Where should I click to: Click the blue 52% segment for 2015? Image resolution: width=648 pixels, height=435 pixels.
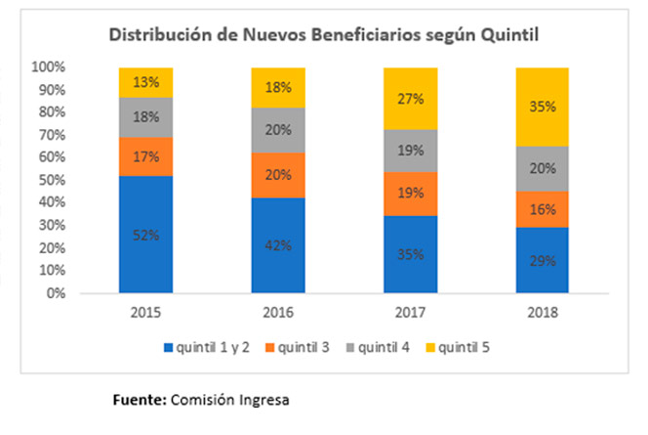point(145,234)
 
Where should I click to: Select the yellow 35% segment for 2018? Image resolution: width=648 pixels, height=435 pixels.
point(542,108)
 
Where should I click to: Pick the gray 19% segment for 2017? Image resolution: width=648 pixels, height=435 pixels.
point(410,151)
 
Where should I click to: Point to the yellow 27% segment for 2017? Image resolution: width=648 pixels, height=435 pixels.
point(410,98)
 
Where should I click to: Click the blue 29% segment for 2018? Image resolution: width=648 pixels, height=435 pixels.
point(542,259)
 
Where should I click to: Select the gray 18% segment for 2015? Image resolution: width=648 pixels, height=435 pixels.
point(145,116)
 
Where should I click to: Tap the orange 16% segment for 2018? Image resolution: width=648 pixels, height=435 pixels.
point(542,207)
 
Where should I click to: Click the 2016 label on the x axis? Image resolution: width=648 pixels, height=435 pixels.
point(278,314)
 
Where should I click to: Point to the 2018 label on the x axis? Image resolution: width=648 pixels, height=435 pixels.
point(542,314)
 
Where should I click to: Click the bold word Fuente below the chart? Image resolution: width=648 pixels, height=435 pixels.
point(141,399)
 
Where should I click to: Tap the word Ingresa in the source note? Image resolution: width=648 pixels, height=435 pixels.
point(265,399)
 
